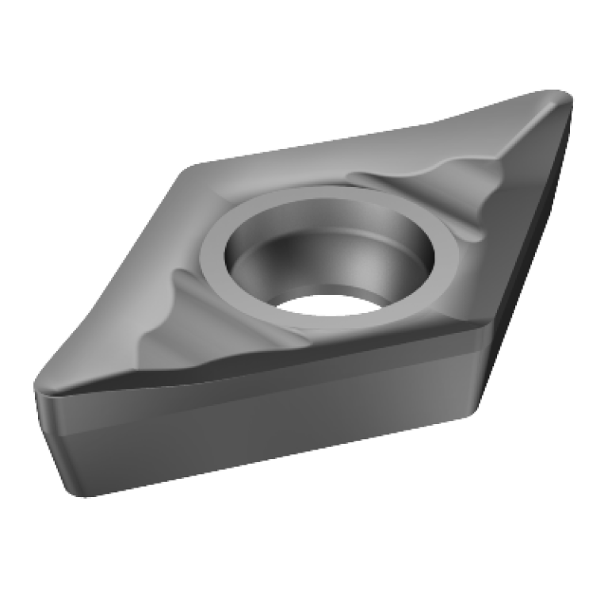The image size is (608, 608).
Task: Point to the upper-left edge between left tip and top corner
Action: tap(111, 277)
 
